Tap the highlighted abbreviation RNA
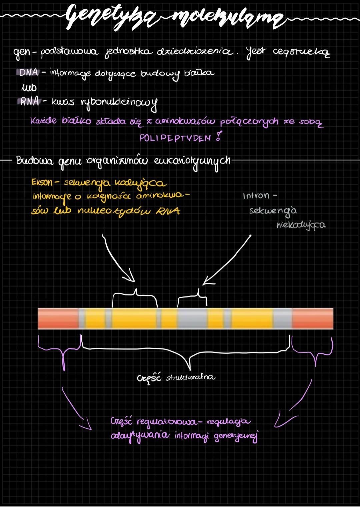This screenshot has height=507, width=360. coord(29,101)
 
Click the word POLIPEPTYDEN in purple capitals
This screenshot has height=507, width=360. coord(175,138)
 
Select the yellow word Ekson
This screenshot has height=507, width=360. coord(42,182)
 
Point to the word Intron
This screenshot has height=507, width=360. coord(256,196)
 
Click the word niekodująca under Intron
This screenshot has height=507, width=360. coord(301,226)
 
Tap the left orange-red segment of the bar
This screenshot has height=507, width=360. coord(58,319)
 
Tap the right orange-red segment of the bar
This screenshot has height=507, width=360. coord(313,319)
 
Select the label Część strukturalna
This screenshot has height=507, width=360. coord(176,377)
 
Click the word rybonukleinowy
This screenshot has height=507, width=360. coord(118,103)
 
